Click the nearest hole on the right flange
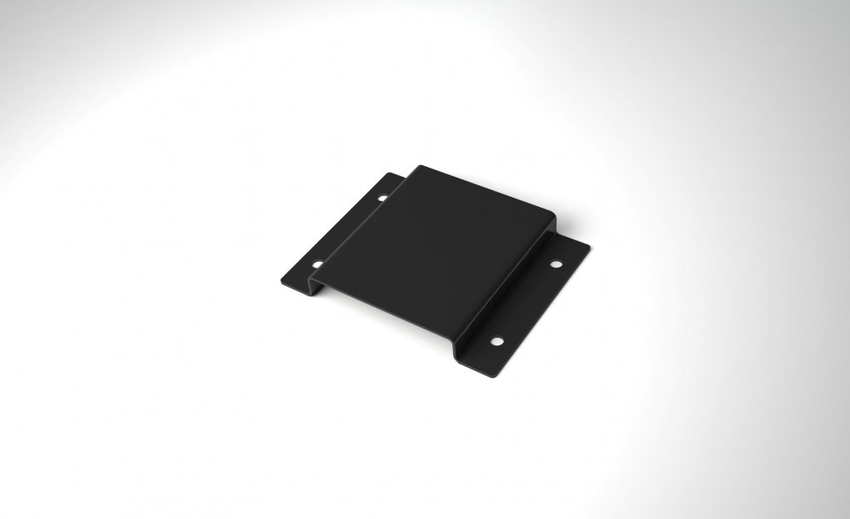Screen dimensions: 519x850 pyautogui.click(x=497, y=341)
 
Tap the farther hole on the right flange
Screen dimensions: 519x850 pyautogui.click(x=555, y=265)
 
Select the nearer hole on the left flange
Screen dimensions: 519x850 pyautogui.click(x=316, y=265)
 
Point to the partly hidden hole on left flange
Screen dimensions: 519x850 pyautogui.click(x=382, y=197)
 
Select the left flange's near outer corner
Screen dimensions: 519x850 pyautogui.click(x=281, y=281)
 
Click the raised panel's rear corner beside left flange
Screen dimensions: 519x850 pyautogui.click(x=420, y=167)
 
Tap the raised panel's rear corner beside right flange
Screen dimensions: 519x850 pyautogui.click(x=554, y=217)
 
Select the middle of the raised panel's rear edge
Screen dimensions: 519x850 pyautogui.click(x=488, y=191)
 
